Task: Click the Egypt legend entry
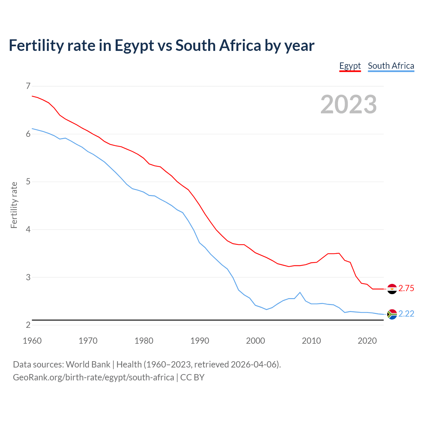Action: tap(350, 66)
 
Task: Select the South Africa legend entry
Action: tap(391, 66)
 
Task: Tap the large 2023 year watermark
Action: tap(349, 104)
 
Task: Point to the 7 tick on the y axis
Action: tap(28, 86)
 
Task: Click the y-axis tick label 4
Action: tap(28, 229)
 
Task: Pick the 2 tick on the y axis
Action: tap(28, 325)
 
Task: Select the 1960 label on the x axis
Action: tap(32, 341)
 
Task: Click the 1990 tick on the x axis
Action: tap(200, 341)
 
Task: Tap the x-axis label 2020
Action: tap(367, 341)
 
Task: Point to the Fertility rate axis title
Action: tap(14, 205)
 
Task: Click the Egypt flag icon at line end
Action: tap(392, 289)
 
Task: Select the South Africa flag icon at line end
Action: tap(392, 314)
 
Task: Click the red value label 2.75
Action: tap(406, 288)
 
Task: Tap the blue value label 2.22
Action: tap(406, 314)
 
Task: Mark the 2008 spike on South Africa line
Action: tap(300, 292)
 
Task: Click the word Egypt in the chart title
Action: tap(134, 46)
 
